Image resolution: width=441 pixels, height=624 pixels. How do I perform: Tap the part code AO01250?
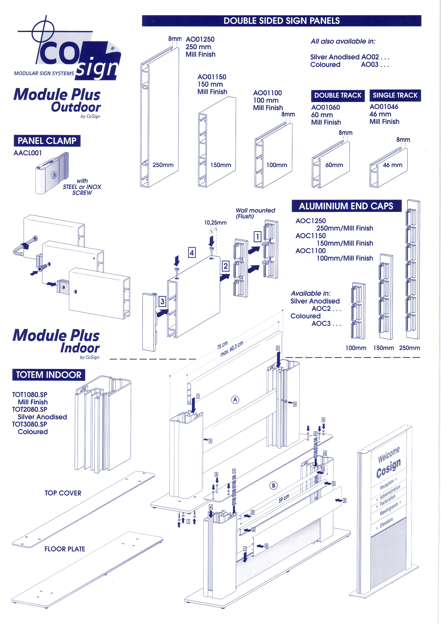tap(200, 39)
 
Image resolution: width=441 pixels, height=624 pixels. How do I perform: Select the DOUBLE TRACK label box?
tap(338, 95)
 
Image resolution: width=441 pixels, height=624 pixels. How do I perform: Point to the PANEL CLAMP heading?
tap(47, 141)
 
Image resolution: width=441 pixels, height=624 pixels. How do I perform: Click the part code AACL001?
tap(28, 153)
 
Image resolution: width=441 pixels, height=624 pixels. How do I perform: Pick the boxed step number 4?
tap(192, 253)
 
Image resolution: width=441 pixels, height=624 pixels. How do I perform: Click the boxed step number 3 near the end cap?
tap(162, 301)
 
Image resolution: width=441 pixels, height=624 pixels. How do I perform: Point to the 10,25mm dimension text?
tap(215, 223)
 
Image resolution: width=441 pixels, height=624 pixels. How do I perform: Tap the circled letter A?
tap(235, 400)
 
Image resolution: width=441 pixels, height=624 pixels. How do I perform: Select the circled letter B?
tap(273, 485)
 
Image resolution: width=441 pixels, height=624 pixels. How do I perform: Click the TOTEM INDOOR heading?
tap(49, 375)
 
